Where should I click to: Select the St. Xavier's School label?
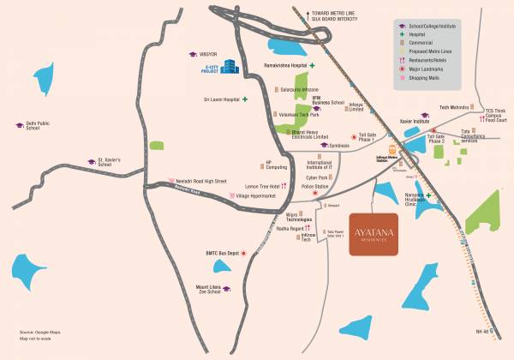[x=113, y=160]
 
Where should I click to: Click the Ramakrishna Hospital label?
[x=277, y=65]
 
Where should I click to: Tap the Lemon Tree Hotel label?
[x=263, y=186]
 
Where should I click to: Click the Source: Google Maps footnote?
[x=37, y=331]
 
